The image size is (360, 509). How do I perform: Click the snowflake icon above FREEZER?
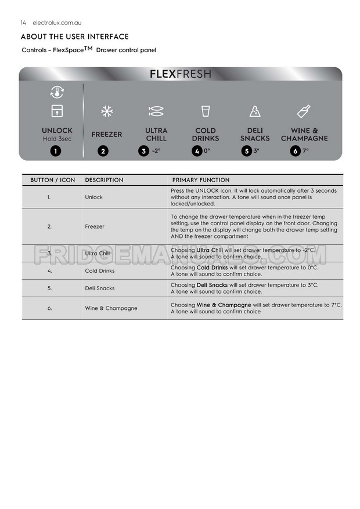pyautogui.click(x=106, y=111)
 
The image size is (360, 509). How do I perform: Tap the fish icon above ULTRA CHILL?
pyautogui.click(x=156, y=111)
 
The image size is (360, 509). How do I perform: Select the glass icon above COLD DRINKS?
pyautogui.click(x=206, y=111)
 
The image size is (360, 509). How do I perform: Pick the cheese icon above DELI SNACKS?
pyautogui.click(x=255, y=111)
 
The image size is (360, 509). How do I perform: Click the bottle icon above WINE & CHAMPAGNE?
pyautogui.click(x=304, y=111)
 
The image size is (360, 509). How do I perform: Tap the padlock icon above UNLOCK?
pyautogui.click(x=57, y=111)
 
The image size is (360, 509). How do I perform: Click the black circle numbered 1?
pyautogui.click(x=55, y=151)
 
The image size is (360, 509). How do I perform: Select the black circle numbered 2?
pyautogui.click(x=103, y=151)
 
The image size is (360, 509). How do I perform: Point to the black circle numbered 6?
pyautogui.click(x=295, y=151)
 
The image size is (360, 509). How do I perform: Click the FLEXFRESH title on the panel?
pyautogui.click(x=180, y=74)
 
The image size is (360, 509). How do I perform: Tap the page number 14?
pyautogui.click(x=23, y=23)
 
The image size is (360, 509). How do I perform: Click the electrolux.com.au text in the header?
pyautogui.click(x=57, y=23)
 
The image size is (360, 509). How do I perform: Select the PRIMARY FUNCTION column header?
pyautogui.click(x=201, y=180)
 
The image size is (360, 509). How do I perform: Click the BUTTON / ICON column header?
pyautogui.click(x=52, y=180)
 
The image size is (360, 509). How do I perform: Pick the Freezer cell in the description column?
pyautogui.click(x=95, y=226)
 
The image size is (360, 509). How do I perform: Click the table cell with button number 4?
pyautogui.click(x=50, y=270)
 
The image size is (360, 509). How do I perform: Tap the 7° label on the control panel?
pyautogui.click(x=305, y=151)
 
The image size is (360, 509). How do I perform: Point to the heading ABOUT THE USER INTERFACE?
pyautogui.click(x=74, y=37)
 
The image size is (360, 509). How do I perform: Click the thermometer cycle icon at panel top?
pyautogui.click(x=57, y=92)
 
